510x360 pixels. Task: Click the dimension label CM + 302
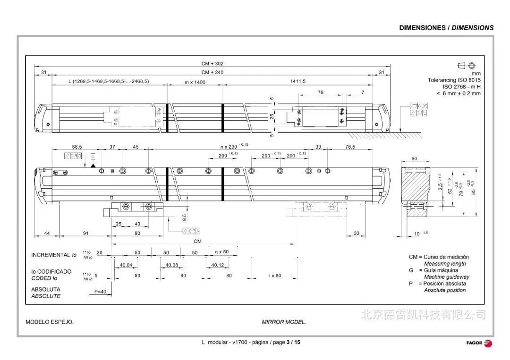click(x=212, y=64)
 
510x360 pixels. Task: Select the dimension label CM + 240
click(x=212, y=72)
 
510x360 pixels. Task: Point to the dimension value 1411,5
click(x=297, y=81)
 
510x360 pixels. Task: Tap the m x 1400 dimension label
click(x=195, y=82)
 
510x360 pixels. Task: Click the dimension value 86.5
click(x=77, y=147)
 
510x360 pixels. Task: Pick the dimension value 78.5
click(x=350, y=147)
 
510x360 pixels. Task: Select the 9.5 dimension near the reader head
click(x=184, y=218)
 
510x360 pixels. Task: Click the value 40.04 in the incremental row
click(x=126, y=265)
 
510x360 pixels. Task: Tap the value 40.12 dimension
click(x=217, y=265)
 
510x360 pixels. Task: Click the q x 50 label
click(x=222, y=252)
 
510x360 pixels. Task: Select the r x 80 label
click(x=275, y=276)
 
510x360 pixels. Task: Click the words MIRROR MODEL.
click(x=284, y=322)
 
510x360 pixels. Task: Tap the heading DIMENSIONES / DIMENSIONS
click(x=446, y=28)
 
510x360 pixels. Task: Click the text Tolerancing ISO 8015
click(x=454, y=81)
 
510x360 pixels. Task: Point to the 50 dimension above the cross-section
click(x=414, y=159)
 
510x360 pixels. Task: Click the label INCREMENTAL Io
click(x=54, y=255)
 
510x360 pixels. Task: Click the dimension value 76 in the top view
click(x=321, y=92)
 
